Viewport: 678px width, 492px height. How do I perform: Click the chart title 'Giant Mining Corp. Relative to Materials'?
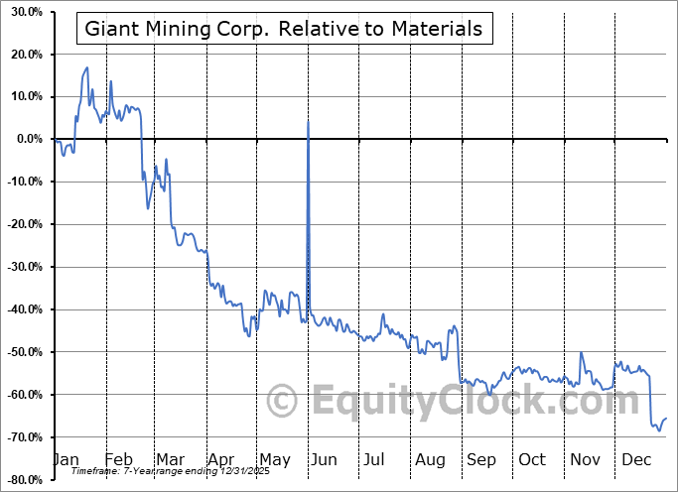pyautogui.click(x=284, y=29)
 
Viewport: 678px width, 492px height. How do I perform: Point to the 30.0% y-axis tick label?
pyautogui.click(x=24, y=12)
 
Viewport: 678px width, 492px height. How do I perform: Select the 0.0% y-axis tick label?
pyautogui.click(x=27, y=139)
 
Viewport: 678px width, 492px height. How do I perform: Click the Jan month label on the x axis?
pyautogui.click(x=66, y=460)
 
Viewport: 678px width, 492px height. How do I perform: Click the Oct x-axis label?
pyautogui.click(x=532, y=460)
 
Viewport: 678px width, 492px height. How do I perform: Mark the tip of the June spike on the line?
pyautogui.click(x=309, y=121)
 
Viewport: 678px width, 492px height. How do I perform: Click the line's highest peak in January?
pyautogui.click(x=87, y=67)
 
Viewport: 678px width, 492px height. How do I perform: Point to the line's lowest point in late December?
pyautogui.click(x=659, y=430)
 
